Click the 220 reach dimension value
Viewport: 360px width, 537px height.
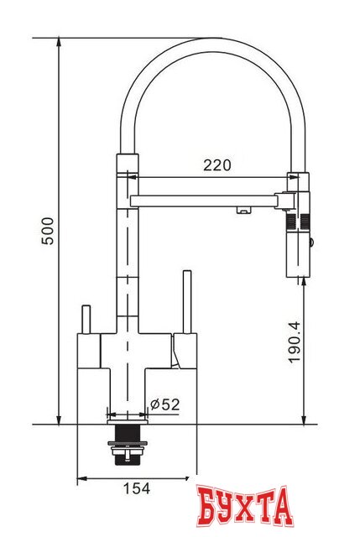[217, 164]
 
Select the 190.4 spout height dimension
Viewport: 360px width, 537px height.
[293, 346]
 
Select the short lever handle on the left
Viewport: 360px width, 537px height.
[85, 319]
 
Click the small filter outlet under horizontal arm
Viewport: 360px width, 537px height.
[242, 210]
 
